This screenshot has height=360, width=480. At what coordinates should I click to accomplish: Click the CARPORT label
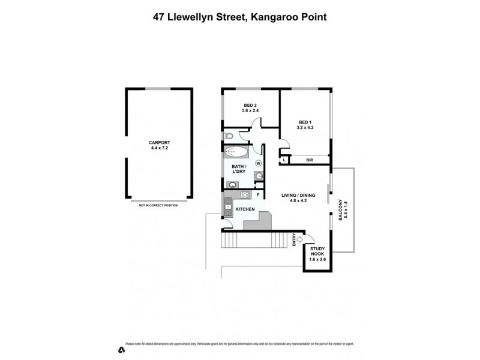[x=160, y=143]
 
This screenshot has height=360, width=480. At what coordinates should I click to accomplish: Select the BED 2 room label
[x=249, y=106]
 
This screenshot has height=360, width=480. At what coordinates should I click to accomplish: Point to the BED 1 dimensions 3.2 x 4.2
[x=305, y=128]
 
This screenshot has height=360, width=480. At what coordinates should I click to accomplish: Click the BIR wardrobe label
[x=310, y=160]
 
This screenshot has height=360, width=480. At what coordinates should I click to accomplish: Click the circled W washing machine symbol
[x=259, y=163]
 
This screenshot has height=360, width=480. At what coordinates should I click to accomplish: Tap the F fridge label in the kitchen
[x=259, y=195]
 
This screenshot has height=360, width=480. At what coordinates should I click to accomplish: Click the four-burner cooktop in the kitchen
[x=245, y=196]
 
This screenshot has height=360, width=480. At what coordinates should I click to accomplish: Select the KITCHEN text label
[x=245, y=209]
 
